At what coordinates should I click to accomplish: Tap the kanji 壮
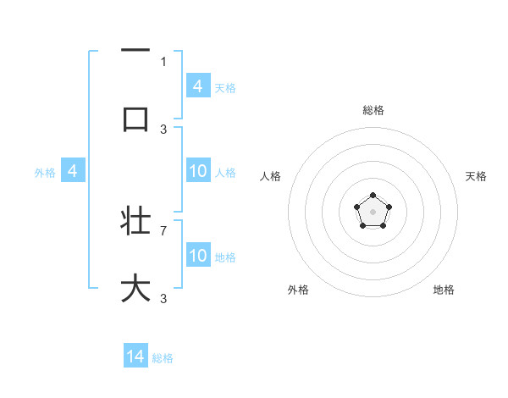pos(135,221)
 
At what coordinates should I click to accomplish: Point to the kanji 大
pos(135,287)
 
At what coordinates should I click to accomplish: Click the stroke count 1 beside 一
pos(163,61)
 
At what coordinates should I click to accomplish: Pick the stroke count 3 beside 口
pos(163,130)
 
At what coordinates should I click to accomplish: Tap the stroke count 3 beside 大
pos(163,299)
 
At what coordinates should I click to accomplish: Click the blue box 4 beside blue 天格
pos(198,86)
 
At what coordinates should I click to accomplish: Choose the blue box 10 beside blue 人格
pos(198,171)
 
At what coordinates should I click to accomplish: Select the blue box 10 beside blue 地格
pos(198,256)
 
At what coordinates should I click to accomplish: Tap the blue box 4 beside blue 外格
pos(73,171)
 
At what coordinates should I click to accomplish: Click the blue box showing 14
pos(135,357)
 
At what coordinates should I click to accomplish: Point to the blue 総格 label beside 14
pos(163,358)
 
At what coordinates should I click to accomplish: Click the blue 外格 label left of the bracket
pos(45,173)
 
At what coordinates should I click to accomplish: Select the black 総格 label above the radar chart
pos(373,110)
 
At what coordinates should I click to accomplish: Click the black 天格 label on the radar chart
pos(476,176)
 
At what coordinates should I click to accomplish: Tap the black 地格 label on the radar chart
pos(444,290)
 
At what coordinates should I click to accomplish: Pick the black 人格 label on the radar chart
pos(271,176)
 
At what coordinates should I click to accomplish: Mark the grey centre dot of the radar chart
pos(373,211)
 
